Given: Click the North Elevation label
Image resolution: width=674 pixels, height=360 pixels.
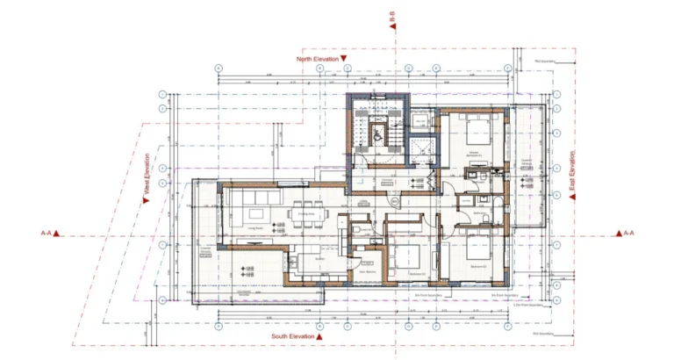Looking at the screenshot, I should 317,59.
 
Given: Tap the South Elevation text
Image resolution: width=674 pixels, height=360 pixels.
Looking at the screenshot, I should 292,335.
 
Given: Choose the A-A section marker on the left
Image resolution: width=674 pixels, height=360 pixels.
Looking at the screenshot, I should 47,234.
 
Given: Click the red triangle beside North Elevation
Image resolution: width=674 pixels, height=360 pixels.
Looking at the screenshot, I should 344,59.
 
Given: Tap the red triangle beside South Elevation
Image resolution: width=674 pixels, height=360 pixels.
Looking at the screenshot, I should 320,335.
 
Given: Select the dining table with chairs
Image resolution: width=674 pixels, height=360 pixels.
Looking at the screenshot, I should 307,216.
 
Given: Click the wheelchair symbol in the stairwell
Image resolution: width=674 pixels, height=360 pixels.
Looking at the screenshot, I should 379,134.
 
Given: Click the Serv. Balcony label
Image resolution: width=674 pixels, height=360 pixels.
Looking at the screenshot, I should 368,271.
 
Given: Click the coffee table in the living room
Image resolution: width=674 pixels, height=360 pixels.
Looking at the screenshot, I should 257,214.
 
